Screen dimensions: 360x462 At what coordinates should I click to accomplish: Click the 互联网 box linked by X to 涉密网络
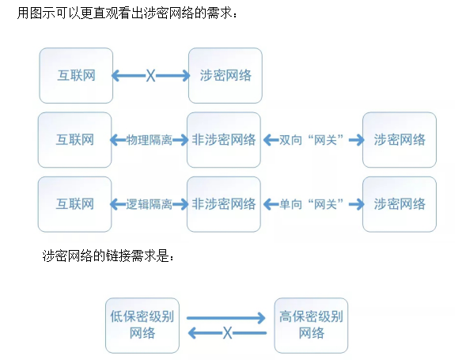[75, 75]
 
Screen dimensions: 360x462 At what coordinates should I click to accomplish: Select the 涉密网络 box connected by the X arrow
[225, 75]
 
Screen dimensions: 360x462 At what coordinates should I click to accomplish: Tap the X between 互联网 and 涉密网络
[150, 76]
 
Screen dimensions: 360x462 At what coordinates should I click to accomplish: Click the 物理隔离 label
[149, 140]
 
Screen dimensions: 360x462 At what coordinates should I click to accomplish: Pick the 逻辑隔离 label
[149, 203]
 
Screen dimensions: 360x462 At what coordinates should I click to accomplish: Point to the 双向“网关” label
[312, 140]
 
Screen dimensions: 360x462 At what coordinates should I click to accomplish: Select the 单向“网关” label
[312, 203]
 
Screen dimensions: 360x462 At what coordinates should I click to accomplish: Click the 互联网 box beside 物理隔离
[75, 140]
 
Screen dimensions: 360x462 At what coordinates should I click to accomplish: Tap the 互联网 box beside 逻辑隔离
[75, 203]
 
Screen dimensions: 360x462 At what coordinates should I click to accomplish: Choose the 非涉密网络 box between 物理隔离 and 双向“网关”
[224, 140]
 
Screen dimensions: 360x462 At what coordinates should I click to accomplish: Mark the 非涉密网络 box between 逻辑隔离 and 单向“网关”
[224, 203]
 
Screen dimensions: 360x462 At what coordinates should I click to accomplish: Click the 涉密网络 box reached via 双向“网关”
[400, 140]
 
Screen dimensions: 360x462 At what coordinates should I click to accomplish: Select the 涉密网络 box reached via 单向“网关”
[400, 203]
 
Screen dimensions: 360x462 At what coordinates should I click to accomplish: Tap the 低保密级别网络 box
[142, 324]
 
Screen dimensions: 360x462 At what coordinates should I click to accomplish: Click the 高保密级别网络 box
[311, 324]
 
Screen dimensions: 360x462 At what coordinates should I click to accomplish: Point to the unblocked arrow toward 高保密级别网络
[226, 317]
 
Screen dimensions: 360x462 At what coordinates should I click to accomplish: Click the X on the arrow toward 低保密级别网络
[227, 333]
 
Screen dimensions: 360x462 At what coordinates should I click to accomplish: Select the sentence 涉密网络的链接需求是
[106, 257]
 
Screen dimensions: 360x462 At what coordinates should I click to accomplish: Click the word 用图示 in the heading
[35, 13]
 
